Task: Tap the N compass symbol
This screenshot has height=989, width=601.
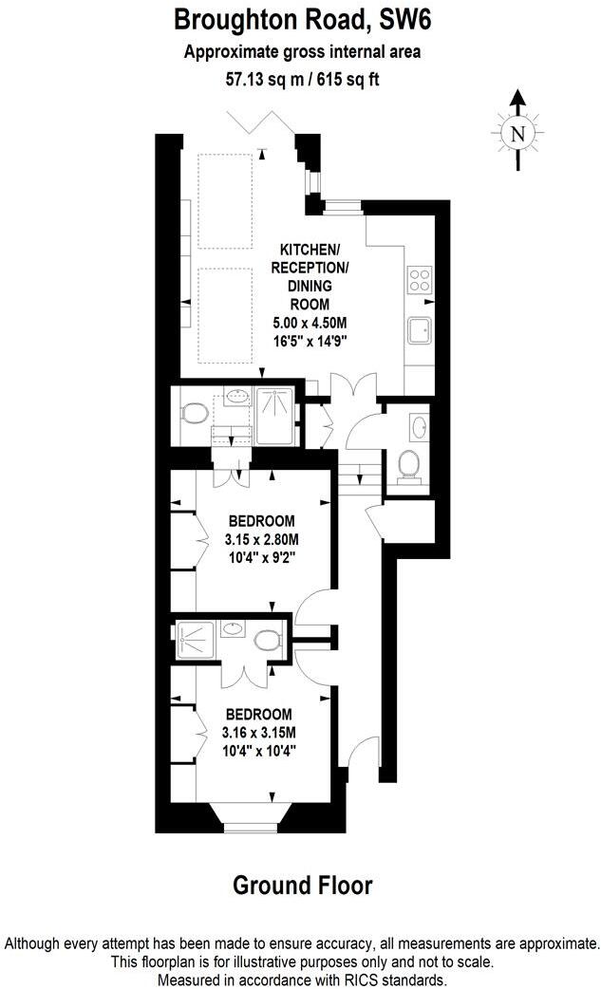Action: pyautogui.click(x=517, y=133)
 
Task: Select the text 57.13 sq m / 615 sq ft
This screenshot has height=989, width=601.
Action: pyautogui.click(x=300, y=81)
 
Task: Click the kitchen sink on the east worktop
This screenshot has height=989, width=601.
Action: pyautogui.click(x=421, y=330)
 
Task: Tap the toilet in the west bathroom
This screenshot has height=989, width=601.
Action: pyautogui.click(x=196, y=415)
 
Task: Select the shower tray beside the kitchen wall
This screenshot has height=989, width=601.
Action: pyautogui.click(x=277, y=417)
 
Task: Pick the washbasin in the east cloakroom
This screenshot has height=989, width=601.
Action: pyautogui.click(x=421, y=425)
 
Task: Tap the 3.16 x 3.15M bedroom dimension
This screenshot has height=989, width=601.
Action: pyautogui.click(x=259, y=732)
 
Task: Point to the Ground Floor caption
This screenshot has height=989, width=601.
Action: pyautogui.click(x=303, y=886)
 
